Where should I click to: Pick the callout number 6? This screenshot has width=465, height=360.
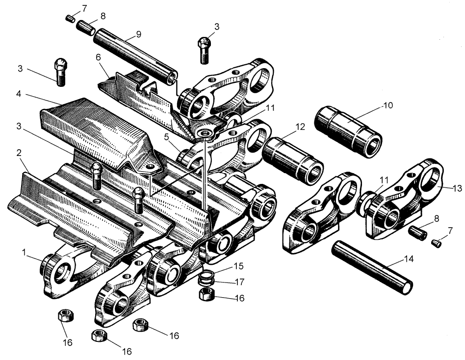pos(99,57)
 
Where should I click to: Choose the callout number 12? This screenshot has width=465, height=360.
pos(300,127)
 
